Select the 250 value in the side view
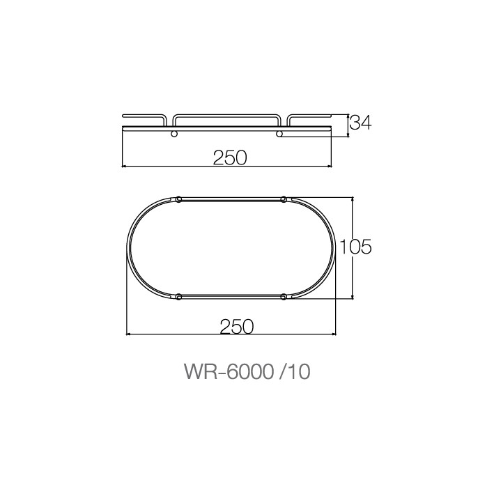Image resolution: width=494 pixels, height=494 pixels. coord(230,157)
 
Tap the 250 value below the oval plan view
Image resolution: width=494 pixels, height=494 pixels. coord(236,325)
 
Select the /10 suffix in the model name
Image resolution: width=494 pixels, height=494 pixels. coord(293,371)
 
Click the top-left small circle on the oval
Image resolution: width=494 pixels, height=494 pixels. coord(179,200)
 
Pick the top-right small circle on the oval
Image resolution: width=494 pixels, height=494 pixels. coord(283,200)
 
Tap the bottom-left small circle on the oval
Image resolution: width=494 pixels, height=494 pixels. coord(179,298)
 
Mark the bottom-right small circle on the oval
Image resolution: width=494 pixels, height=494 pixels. coord(283,298)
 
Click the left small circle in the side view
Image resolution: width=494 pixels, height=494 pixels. coord(174,133)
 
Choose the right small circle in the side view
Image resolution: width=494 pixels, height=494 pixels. coord(279,133)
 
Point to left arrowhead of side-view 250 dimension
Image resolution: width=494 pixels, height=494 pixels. coord(125,167)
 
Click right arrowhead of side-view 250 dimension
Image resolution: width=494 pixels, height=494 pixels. coord(331,167)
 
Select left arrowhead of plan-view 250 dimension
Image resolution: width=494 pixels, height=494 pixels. coord(128,334)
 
